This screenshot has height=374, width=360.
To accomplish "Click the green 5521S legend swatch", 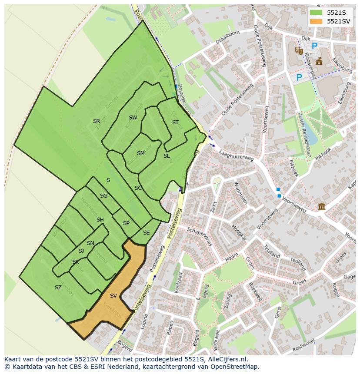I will [316, 13].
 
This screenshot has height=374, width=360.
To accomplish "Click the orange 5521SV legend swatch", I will [316, 21].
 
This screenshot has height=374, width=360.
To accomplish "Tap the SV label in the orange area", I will [113, 296].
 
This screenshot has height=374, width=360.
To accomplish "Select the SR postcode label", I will [97, 121].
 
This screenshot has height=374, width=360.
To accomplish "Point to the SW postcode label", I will [133, 118].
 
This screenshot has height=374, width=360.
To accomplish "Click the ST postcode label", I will [175, 122].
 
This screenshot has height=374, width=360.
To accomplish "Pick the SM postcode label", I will [140, 153].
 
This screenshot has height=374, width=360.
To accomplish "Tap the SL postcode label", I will [167, 156].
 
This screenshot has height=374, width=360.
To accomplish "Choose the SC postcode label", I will [138, 188].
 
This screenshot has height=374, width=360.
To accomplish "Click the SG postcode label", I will [103, 196].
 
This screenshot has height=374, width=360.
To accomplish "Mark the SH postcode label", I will [100, 220].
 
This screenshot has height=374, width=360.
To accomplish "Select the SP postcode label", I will [126, 223].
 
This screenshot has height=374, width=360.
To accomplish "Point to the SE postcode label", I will [146, 233].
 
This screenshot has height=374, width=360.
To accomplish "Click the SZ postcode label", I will [58, 288].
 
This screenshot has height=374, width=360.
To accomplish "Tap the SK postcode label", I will [76, 262].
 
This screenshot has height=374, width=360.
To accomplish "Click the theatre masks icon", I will [299, 50].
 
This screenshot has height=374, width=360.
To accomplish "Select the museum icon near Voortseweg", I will [322, 206].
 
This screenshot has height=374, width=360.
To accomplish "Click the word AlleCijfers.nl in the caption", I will [226, 359].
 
